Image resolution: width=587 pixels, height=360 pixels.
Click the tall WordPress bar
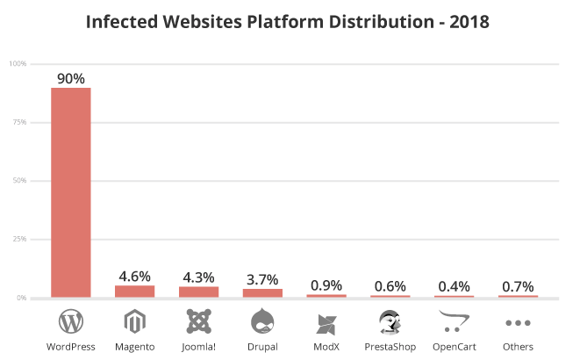(70, 192)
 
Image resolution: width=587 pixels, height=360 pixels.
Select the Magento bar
(135, 292)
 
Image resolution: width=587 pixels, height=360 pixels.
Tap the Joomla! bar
(198, 292)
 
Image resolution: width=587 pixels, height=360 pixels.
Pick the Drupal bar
(262, 292)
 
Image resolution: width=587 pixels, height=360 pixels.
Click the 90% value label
(70, 78)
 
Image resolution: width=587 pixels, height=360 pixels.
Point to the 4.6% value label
(135, 276)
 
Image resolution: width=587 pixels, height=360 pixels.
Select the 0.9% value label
(326, 284)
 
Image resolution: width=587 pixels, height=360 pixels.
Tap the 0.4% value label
(454, 286)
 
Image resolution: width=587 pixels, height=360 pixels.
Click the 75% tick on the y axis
(18, 122)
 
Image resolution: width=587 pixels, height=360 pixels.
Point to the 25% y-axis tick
(18, 239)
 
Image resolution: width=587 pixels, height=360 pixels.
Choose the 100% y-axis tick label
(17, 64)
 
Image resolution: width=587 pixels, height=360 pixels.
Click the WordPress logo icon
(70, 321)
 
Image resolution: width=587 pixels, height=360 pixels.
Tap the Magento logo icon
(135, 322)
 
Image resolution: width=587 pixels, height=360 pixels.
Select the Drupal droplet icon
(262, 321)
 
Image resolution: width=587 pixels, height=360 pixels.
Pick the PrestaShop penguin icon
(390, 321)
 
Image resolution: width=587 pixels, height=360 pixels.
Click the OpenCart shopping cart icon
(454, 322)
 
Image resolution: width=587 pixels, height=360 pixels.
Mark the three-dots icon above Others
(518, 322)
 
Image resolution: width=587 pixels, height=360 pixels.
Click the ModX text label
(326, 347)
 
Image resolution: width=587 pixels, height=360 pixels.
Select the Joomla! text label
(198, 347)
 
